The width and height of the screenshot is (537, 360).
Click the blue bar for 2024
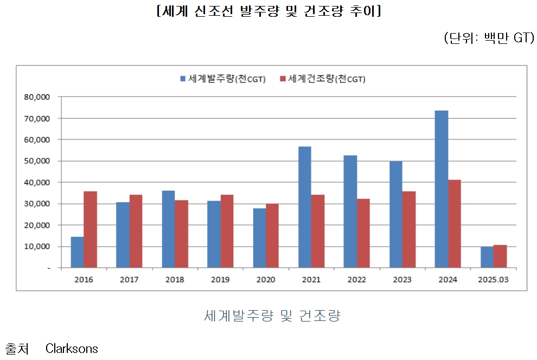(x=441, y=189)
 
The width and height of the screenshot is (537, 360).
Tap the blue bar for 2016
(x=77, y=252)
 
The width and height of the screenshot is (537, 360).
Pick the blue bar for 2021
(x=304, y=207)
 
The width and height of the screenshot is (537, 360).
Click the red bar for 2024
(x=455, y=224)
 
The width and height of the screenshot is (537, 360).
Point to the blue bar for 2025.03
(x=487, y=258)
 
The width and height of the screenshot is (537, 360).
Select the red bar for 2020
(x=272, y=236)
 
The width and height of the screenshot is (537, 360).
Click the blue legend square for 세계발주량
(x=183, y=79)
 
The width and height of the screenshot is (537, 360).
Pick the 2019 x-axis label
(x=220, y=280)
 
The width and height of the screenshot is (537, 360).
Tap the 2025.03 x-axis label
(x=493, y=280)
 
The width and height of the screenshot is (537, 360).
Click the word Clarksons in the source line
(x=72, y=348)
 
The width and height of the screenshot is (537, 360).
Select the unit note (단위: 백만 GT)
(x=489, y=38)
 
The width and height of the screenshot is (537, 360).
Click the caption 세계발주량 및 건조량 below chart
(x=272, y=316)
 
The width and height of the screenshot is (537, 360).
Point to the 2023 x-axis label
(x=402, y=280)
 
